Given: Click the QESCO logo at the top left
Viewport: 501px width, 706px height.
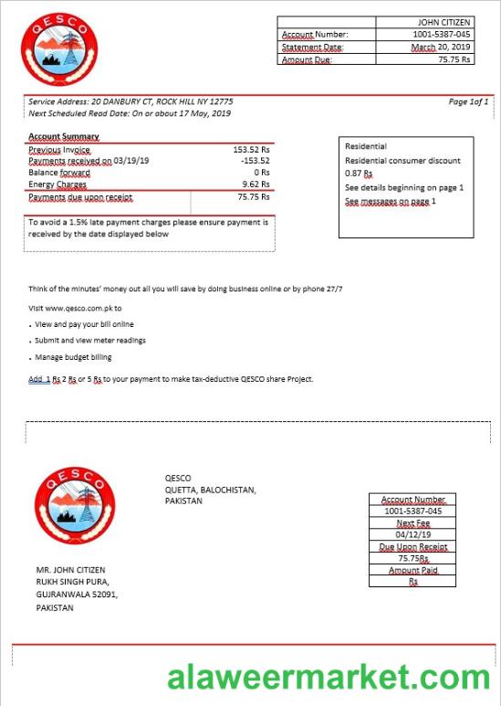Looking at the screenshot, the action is [x=59, y=48].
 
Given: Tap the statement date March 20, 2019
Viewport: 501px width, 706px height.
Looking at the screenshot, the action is [x=440, y=47].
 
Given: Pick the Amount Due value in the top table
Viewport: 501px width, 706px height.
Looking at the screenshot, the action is [x=454, y=58].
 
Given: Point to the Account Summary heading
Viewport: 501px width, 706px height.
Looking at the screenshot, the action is [x=64, y=137].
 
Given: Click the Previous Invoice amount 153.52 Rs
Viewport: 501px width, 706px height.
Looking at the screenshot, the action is [x=251, y=149].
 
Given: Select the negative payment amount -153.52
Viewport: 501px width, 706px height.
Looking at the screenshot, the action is [x=255, y=161].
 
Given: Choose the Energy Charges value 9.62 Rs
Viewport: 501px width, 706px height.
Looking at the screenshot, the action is [x=255, y=184].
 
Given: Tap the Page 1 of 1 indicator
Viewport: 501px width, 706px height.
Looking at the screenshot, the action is [x=468, y=101].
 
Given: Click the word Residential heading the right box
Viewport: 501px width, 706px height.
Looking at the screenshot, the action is [x=366, y=146].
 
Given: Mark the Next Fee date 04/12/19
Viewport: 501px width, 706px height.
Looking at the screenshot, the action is [x=412, y=535].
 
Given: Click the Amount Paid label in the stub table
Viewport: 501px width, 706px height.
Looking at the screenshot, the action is [x=412, y=570].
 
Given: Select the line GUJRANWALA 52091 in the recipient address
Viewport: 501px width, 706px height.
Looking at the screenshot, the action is [x=77, y=594].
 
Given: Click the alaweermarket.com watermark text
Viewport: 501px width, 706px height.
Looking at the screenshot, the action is [x=329, y=677].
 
